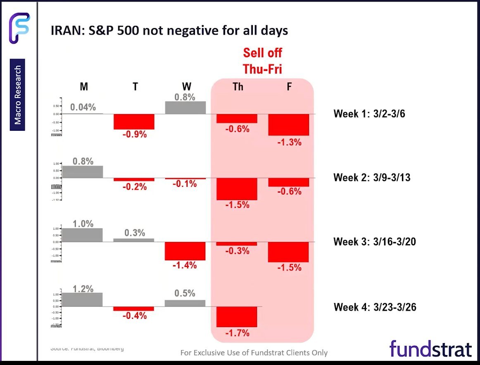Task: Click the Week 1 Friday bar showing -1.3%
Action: point(289,125)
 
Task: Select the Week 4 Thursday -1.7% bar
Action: point(237,316)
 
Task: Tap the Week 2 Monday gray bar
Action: point(82,172)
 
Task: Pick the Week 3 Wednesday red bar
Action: point(185,251)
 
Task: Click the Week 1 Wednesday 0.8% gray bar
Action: point(185,108)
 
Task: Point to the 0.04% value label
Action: point(83,107)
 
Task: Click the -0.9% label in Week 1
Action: point(135,134)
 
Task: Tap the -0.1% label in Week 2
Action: point(185,184)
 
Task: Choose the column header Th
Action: point(238,87)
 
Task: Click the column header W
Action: point(186,87)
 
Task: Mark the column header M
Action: point(83,87)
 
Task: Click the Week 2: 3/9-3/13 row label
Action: point(372,178)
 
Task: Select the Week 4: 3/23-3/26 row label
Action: point(375,307)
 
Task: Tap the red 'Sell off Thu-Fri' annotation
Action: point(262,61)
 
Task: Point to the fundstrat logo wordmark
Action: point(430,349)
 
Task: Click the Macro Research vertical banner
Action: point(18,95)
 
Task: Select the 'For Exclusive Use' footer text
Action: point(254,353)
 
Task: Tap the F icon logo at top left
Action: point(19,27)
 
